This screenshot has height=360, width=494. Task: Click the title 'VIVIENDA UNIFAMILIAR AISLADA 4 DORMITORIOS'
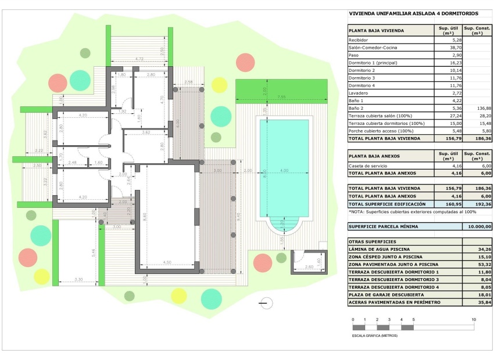coord(413,13)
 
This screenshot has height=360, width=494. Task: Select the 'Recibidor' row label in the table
coord(359,40)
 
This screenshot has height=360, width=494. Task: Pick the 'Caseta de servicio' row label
coord(368,165)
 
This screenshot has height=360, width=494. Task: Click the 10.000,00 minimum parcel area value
coord(477,226)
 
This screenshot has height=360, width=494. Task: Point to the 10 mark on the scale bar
coord(474,320)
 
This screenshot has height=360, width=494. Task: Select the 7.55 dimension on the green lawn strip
coord(281,96)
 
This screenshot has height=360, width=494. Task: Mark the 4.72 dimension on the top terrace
coord(139,59)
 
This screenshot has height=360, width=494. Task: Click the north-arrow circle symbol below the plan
coord(266,302)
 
